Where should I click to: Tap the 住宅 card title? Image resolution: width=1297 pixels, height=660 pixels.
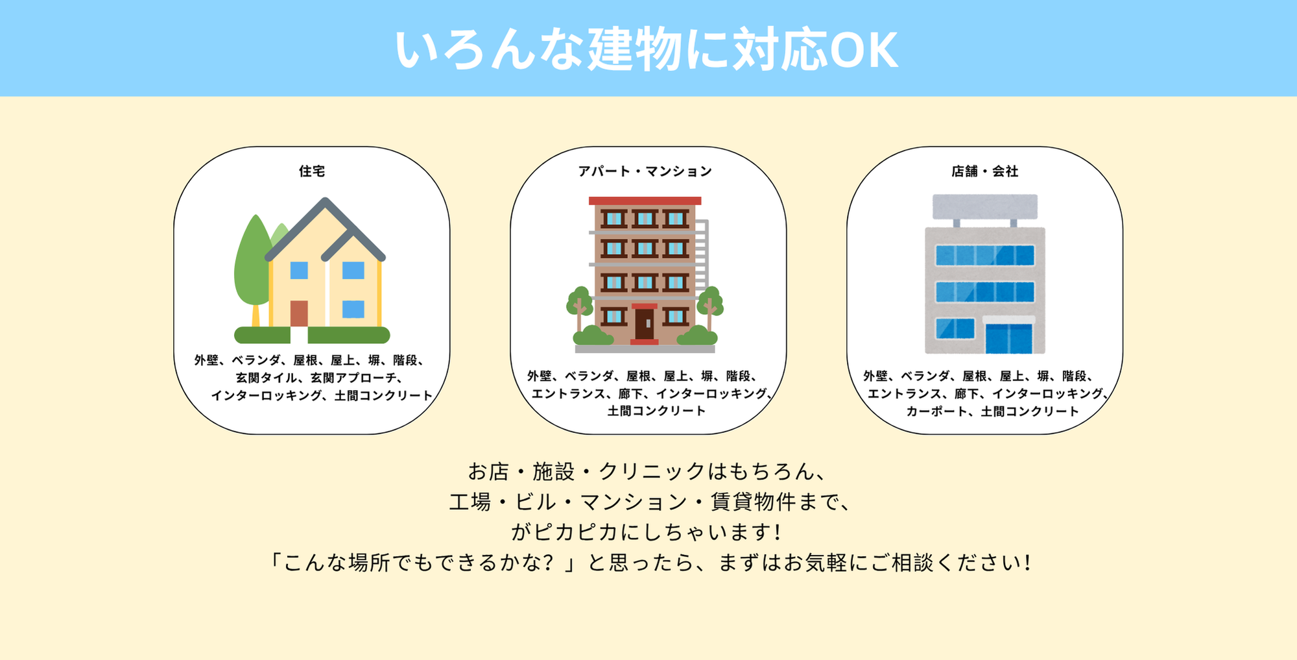pos(312,171)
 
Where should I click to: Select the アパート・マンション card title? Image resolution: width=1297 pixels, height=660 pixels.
pos(645,171)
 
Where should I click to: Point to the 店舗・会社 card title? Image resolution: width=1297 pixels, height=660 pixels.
pos(985,171)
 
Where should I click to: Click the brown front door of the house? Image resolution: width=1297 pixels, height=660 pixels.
pos(299,313)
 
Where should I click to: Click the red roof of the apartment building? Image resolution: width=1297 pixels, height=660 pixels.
pos(645,201)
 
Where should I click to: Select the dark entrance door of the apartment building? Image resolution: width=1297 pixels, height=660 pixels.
pos(645,323)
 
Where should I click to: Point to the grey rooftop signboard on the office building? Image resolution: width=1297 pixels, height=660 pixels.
pos(985,207)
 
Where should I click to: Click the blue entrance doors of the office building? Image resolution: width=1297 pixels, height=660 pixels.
pos(1008,338)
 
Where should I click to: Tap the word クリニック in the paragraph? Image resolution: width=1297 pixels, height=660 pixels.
pos(652,472)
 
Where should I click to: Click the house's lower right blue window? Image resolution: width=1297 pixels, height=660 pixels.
pos(353,309)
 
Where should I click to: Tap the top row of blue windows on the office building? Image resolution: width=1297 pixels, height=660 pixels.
pos(985,255)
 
